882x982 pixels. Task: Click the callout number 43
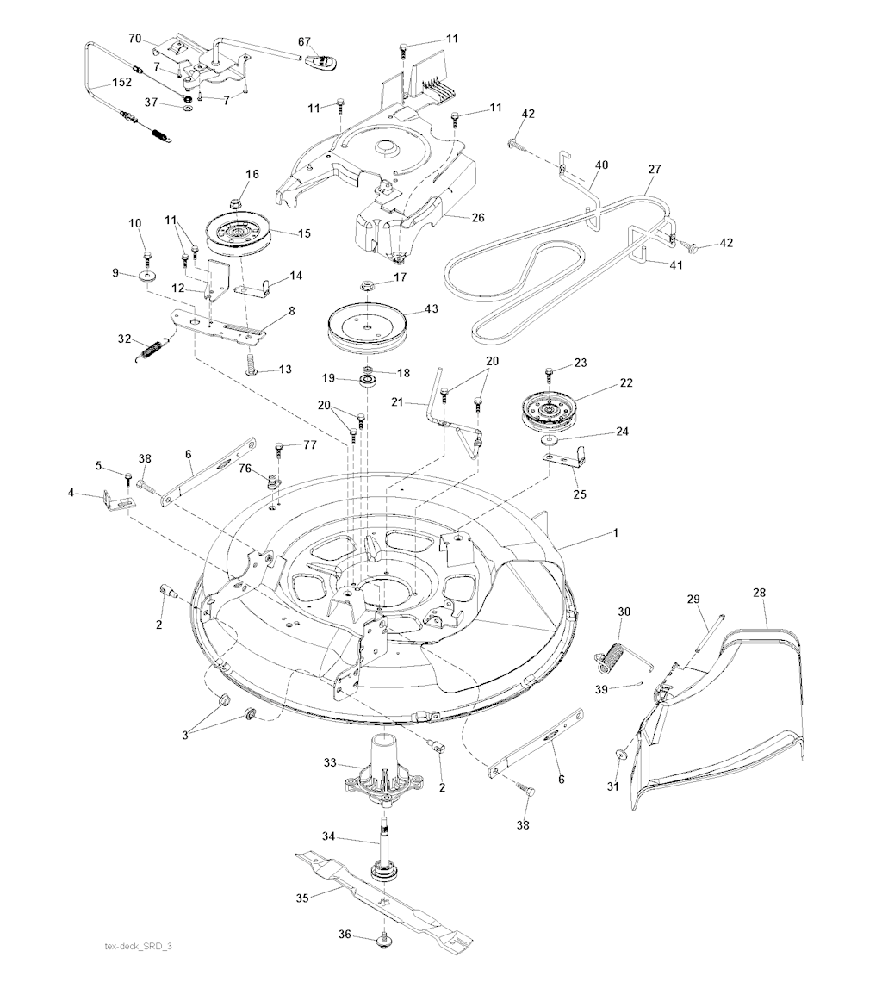click(x=432, y=309)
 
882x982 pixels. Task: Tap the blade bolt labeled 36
click(x=380, y=945)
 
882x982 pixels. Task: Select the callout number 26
click(x=478, y=218)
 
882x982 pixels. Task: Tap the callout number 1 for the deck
click(x=616, y=533)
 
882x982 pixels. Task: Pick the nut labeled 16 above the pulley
click(x=235, y=203)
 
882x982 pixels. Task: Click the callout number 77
click(x=310, y=444)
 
